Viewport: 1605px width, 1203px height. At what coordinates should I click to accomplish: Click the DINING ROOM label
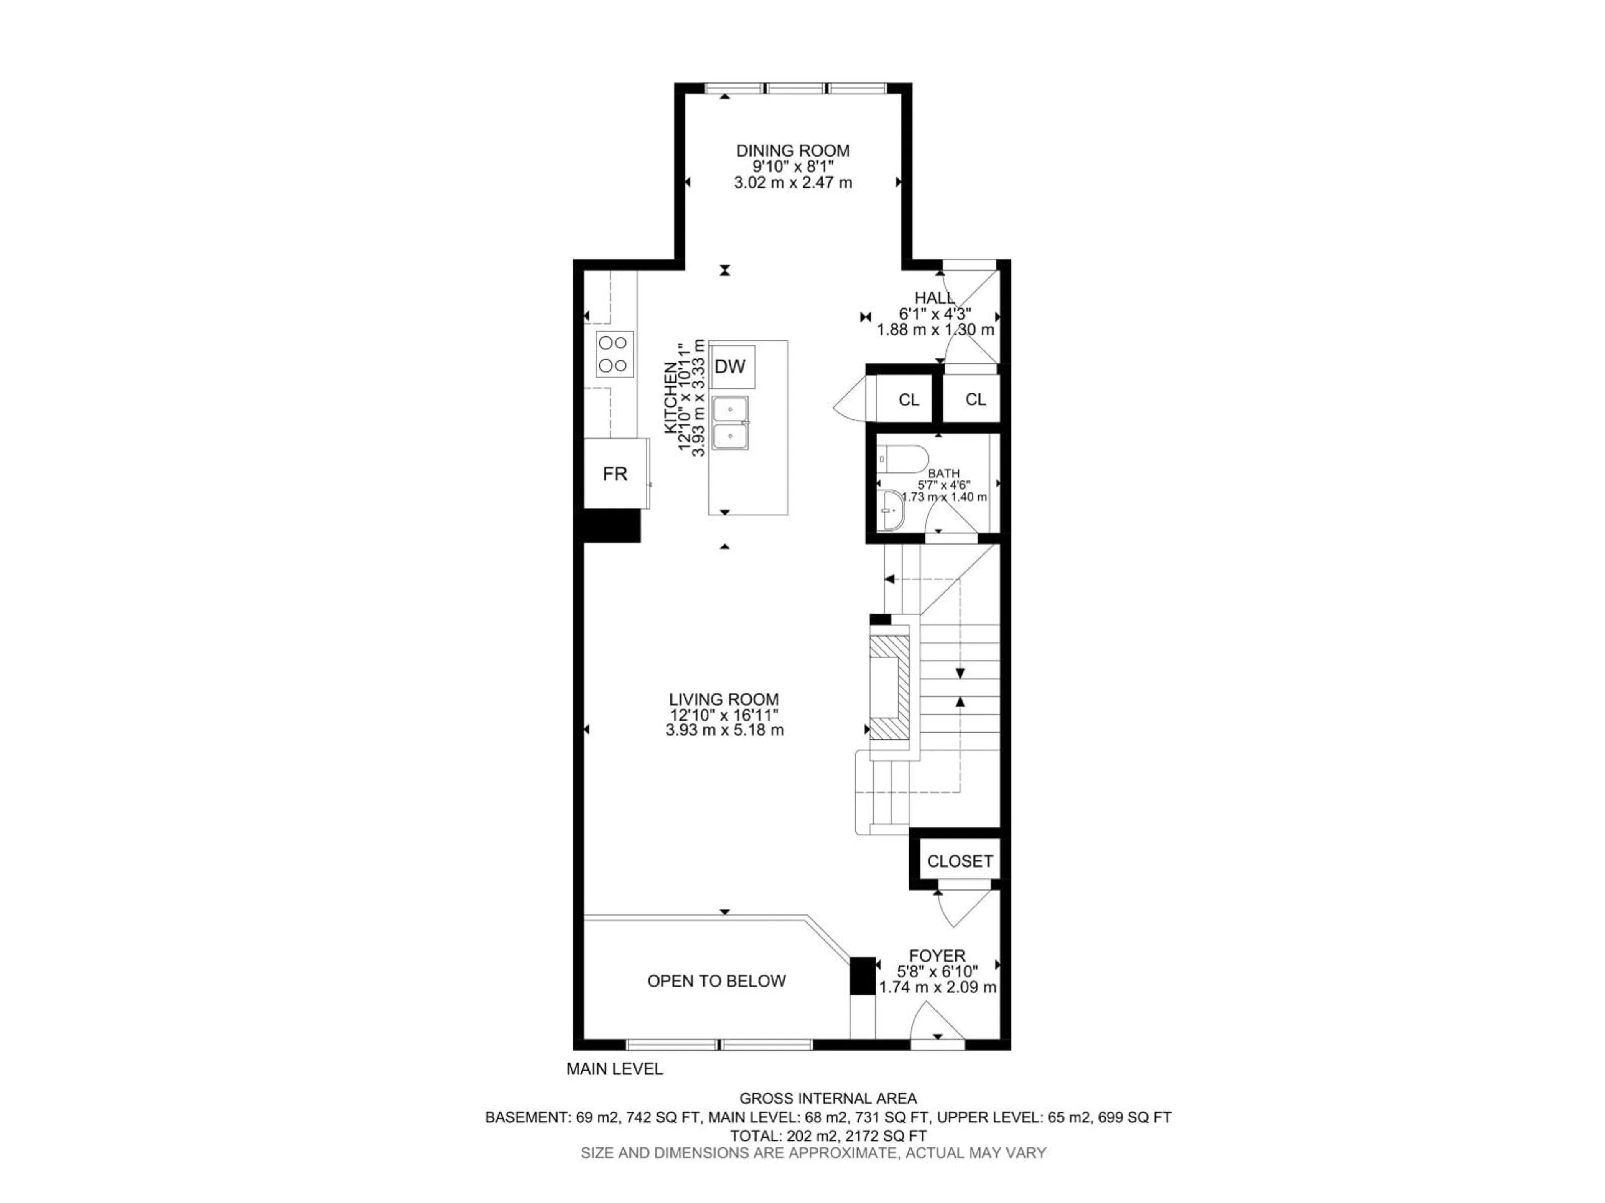(x=792, y=151)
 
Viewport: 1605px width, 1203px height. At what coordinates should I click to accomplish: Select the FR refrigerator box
(x=615, y=474)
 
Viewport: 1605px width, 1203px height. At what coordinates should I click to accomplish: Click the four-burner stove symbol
(x=614, y=354)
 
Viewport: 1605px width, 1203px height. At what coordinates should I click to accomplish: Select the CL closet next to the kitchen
(x=908, y=400)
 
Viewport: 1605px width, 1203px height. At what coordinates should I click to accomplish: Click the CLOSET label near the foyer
(x=959, y=861)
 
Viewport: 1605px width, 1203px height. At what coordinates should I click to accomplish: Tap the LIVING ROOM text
(x=724, y=700)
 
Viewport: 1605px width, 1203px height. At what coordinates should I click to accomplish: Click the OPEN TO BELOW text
(x=716, y=981)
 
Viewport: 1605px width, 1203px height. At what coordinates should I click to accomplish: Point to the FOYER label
(x=938, y=956)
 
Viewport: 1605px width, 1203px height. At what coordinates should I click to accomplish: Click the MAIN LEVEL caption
(x=614, y=1069)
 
